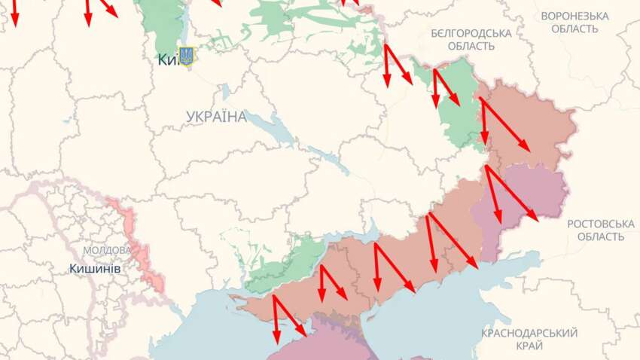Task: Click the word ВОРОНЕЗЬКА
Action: (574, 16)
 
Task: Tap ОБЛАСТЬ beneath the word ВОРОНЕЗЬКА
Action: (574, 29)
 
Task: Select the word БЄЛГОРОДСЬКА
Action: (471, 33)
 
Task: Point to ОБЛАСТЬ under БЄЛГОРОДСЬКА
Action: (471, 46)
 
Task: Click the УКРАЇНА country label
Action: (216, 117)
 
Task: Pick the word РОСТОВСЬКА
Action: (601, 224)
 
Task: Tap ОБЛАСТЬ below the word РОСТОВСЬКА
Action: (601, 236)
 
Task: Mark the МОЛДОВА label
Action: (107, 250)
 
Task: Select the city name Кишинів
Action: (95, 268)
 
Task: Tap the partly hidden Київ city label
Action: (167, 59)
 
